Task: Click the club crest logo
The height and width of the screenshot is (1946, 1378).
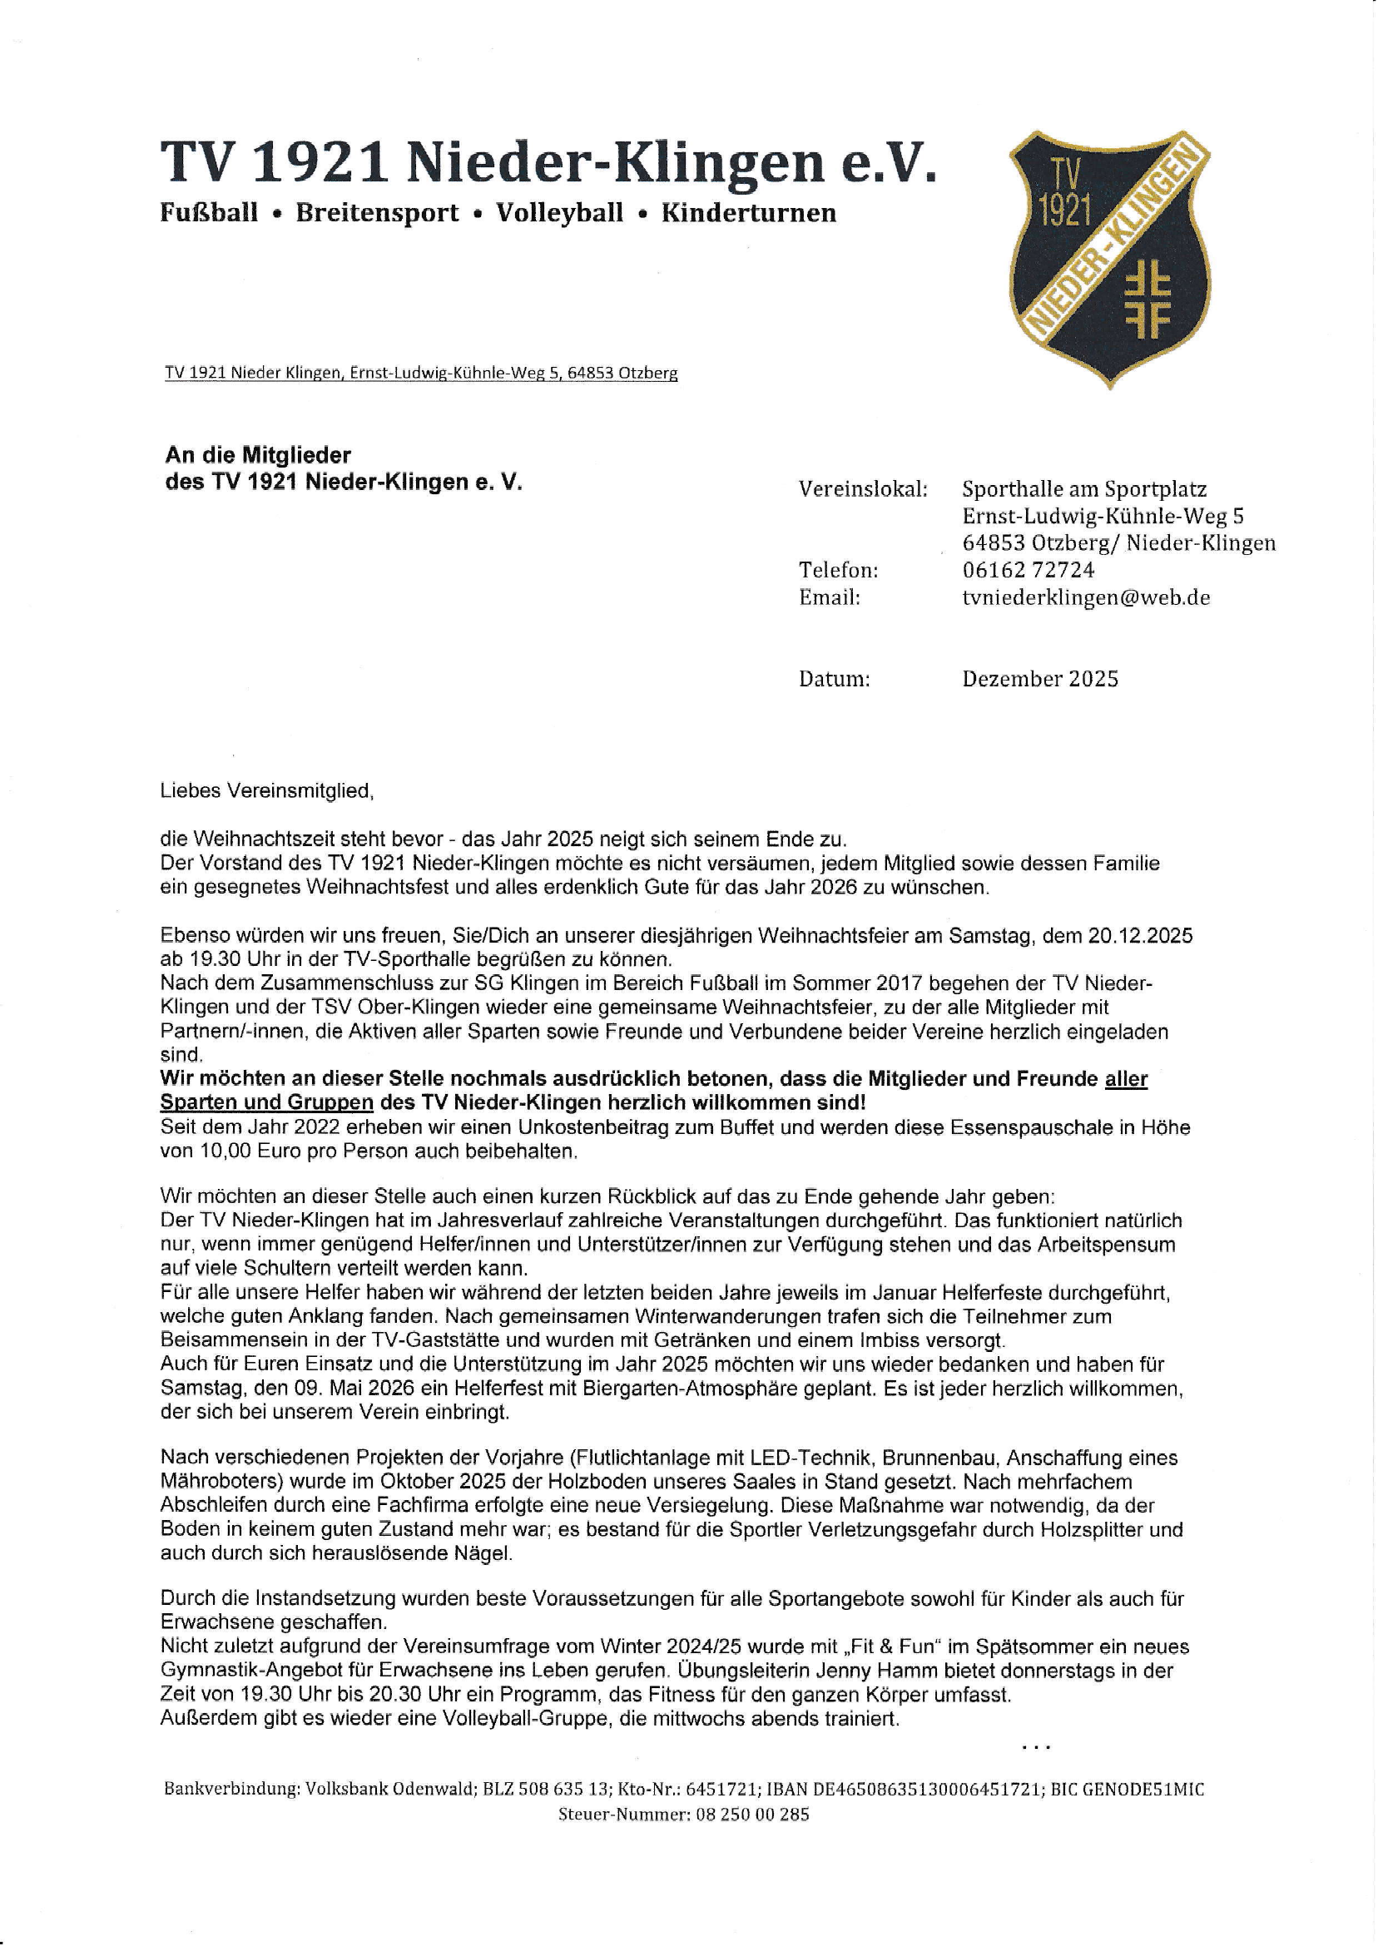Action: pos(1109,259)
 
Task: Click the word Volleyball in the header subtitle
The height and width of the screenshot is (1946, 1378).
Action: pos(559,213)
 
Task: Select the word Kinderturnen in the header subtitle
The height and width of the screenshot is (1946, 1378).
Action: pos(748,213)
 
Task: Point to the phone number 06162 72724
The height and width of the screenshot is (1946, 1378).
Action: pos(1028,570)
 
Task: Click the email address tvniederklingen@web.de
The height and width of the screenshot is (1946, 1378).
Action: pos(1085,597)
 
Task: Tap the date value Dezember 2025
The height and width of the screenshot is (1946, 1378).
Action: pos(1039,679)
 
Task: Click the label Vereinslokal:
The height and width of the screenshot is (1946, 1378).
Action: pos(862,489)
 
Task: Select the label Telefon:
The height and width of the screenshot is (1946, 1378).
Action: pos(837,570)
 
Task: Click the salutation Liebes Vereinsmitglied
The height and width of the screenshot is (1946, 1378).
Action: pos(265,790)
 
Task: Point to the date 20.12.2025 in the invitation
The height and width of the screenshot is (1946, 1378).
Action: pos(1139,936)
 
